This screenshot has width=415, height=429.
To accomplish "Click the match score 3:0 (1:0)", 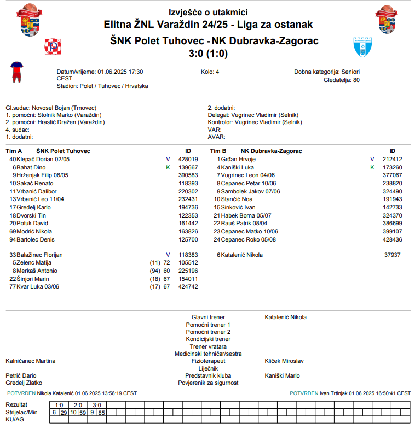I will pos(207,54).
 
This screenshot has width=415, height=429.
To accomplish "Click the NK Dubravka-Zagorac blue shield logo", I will pos(362,48).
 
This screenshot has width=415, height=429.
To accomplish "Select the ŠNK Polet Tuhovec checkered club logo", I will pos(53,47).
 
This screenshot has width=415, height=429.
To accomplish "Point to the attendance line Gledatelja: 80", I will pos(342,80).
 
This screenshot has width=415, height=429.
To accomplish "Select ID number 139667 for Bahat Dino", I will pos(188,167).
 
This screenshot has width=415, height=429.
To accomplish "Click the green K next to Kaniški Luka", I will pos(372,167).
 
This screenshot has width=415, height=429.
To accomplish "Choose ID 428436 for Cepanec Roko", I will pos(392,239).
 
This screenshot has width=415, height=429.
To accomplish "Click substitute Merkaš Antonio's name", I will pos(37,271).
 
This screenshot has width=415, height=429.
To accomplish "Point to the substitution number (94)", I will pos(155,271).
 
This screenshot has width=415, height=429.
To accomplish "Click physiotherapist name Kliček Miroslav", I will pos(284,361).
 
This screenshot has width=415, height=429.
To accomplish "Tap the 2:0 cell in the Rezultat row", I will pos(78,405).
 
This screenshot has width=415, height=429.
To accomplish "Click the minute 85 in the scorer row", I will pos(101,412).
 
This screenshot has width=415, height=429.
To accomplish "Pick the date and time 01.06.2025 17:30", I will pos(120,72).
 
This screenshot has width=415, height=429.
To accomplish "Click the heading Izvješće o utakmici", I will pos(208,12).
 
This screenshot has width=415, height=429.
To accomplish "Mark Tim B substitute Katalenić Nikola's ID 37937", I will pos(392,255).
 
